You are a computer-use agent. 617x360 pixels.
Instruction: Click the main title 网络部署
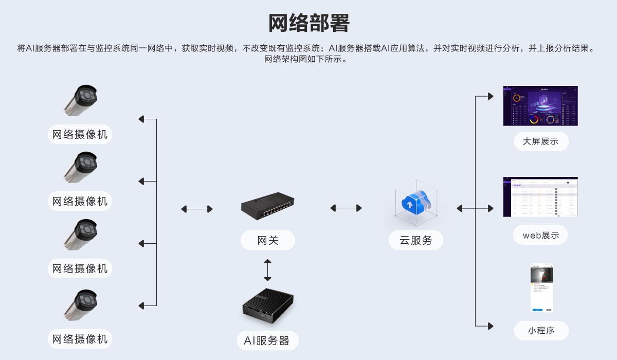click(308, 24)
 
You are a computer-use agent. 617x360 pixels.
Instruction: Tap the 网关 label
click(267, 240)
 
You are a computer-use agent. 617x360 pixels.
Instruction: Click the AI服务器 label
click(267, 340)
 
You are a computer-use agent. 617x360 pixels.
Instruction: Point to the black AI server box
click(268, 305)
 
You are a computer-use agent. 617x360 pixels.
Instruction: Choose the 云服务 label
click(415, 240)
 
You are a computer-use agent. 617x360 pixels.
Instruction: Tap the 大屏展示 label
click(541, 141)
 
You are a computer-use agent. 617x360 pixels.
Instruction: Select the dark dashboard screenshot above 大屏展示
click(540, 106)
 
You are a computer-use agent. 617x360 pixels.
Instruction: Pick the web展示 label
click(541, 235)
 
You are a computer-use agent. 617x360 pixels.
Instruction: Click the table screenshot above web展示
click(540, 196)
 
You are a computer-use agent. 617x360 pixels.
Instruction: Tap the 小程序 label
click(541, 331)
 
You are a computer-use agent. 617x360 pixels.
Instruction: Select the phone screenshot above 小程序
click(542, 287)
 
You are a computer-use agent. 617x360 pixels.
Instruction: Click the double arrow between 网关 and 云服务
click(346, 208)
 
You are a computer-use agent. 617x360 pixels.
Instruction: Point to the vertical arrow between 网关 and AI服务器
click(267, 270)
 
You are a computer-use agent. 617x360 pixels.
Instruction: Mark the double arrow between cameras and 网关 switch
click(197, 209)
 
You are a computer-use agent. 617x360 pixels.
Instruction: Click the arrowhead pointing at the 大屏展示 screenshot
click(490, 96)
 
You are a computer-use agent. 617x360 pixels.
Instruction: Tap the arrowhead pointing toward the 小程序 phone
click(490, 326)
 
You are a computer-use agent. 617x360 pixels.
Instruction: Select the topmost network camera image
click(81, 100)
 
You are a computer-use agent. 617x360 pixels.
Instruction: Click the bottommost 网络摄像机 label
click(80, 339)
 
